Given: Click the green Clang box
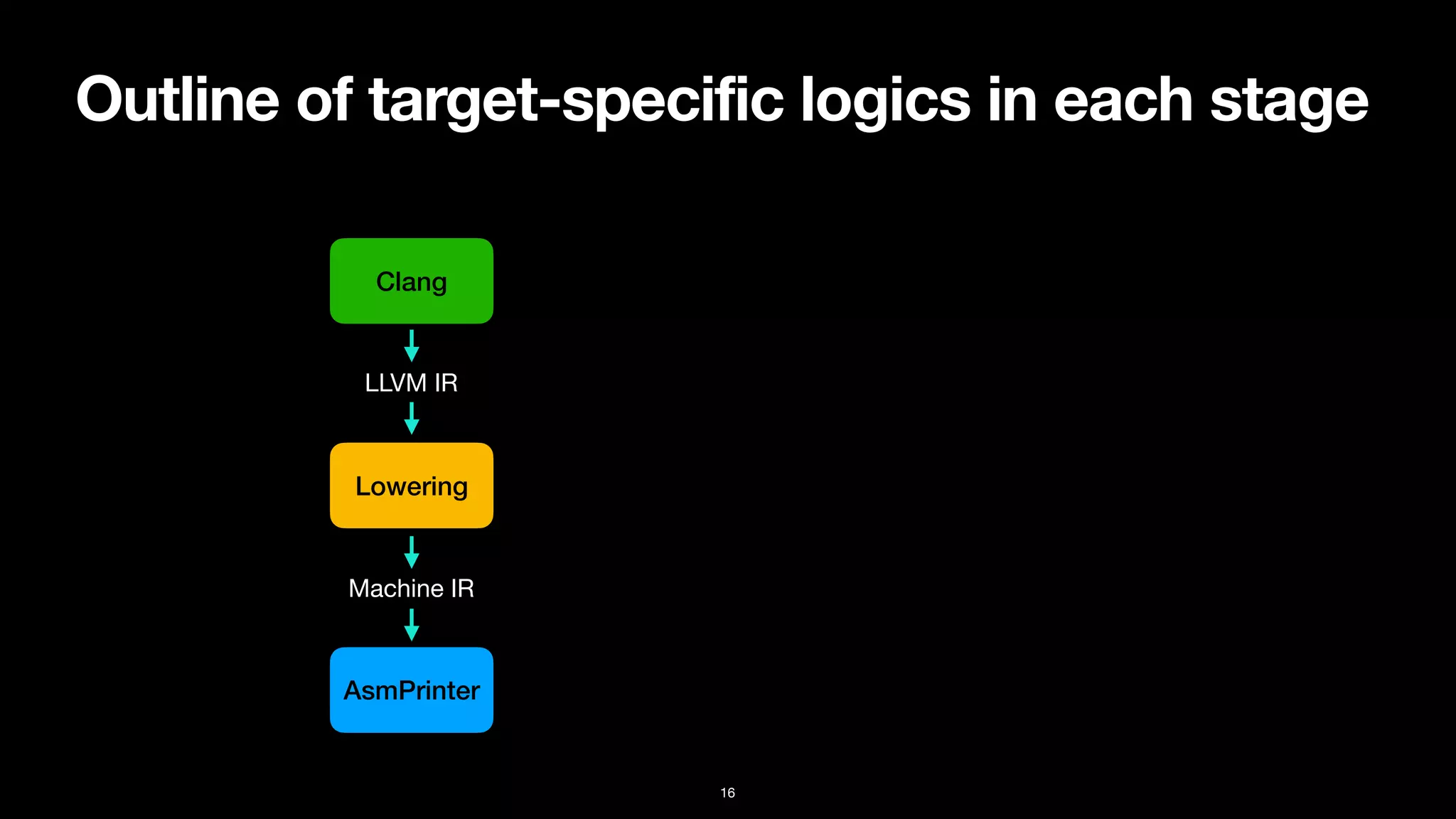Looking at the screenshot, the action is coord(411,282).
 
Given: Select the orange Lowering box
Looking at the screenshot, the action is coord(411,486).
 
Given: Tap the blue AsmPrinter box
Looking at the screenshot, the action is coord(411,690).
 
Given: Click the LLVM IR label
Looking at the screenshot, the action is coord(411,383).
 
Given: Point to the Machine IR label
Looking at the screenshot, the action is coord(411,589).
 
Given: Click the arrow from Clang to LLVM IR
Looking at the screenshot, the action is coord(411,346).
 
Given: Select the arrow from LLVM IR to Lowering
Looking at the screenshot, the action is coord(411,418).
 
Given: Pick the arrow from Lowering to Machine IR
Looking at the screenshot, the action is coord(411,552).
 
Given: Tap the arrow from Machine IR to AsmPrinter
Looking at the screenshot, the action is coord(411,625).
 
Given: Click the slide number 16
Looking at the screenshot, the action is coord(727,793).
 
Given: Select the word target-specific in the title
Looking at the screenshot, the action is coord(576,101).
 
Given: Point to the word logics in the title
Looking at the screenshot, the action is coord(885,101).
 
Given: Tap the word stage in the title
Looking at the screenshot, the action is coord(1288,101).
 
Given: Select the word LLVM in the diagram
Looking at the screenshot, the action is coord(395,383).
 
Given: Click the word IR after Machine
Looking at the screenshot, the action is coord(462,589).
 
